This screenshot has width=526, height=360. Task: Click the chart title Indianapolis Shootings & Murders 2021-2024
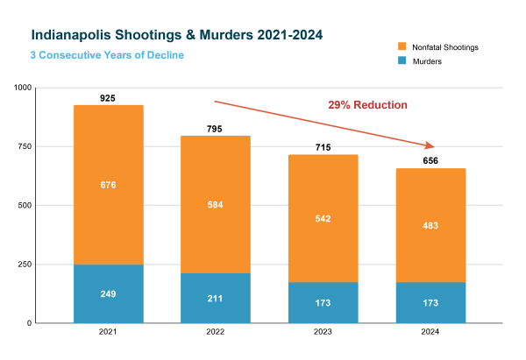(x=176, y=36)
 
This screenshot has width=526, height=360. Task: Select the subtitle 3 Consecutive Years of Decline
(x=109, y=56)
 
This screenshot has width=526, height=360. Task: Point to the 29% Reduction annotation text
(x=367, y=105)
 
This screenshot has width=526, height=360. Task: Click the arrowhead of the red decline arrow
(x=431, y=145)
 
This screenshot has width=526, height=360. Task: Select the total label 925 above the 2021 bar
(x=108, y=98)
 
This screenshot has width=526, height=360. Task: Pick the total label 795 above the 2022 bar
(x=215, y=129)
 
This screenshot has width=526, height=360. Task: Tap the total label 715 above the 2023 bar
(x=323, y=148)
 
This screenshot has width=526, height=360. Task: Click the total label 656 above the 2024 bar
(x=430, y=161)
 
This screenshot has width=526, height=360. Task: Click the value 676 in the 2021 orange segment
(x=108, y=185)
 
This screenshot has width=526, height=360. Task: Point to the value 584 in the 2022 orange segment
(x=215, y=205)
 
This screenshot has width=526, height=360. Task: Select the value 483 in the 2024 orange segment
(x=430, y=225)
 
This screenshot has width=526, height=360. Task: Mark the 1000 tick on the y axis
(x=22, y=88)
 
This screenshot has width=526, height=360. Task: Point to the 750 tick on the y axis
(x=24, y=147)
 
